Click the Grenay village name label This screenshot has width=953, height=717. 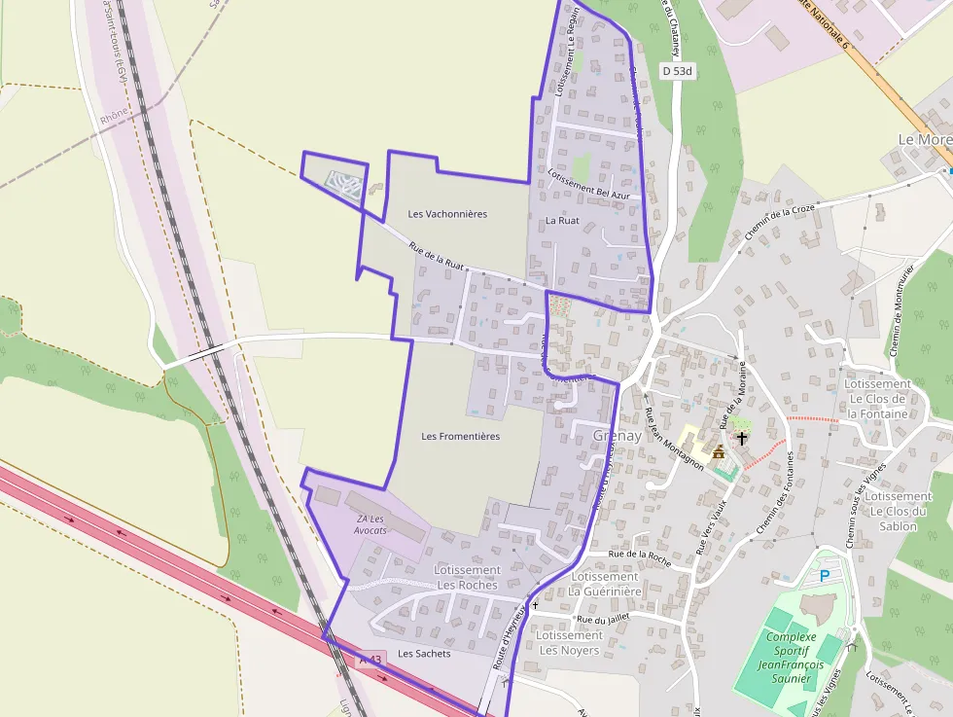coord(618,436)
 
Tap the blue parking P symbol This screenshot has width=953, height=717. coord(825,576)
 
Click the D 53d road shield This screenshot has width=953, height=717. coord(677,71)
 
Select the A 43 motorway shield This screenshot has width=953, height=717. coord(371,660)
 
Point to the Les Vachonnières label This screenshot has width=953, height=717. coord(447,214)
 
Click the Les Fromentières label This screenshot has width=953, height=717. coord(461,437)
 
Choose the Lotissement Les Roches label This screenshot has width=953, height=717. coord(467,577)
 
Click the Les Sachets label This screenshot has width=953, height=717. coord(424,654)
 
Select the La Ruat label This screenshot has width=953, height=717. coord(562,221)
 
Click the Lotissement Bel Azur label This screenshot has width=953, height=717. coord(589,185)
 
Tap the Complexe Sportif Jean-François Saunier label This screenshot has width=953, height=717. coord(790,658)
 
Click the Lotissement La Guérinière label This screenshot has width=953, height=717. coord(605,584)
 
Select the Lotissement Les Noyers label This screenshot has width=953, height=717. coord(569,643)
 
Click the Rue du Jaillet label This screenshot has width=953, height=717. coord(604,619)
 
